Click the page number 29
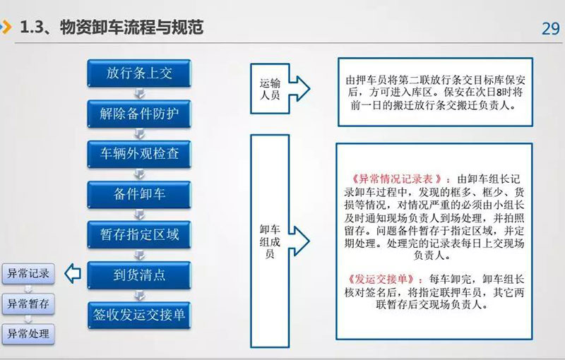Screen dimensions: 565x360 pyautogui.click(x=551, y=29)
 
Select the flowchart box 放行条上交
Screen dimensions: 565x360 pyautogui.click(x=139, y=73)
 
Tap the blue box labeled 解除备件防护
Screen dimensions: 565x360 pyautogui.click(x=139, y=114)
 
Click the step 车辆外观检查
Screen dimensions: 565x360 pyautogui.click(x=139, y=154)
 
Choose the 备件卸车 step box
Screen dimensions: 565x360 pyautogui.click(x=139, y=194)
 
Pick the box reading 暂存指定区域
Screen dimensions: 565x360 pyautogui.click(x=139, y=235)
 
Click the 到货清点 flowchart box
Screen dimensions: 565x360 pyautogui.click(x=139, y=275)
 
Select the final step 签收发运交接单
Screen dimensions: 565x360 pyautogui.click(x=139, y=316)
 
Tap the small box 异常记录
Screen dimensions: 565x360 pyautogui.click(x=28, y=274)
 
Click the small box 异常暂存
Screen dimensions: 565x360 pyautogui.click(x=28, y=304)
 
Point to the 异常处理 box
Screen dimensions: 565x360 pyautogui.click(x=28, y=334)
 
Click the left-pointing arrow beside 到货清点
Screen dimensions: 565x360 pyautogui.click(x=73, y=274)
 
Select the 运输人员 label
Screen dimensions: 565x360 pyautogui.click(x=270, y=89)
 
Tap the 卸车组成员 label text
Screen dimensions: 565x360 pyautogui.click(x=270, y=241)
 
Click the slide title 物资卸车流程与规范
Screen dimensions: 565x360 pyautogui.click(x=131, y=28)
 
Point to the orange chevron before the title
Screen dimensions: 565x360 pyautogui.click(x=7, y=28)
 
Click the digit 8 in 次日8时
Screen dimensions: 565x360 pyautogui.click(x=499, y=92)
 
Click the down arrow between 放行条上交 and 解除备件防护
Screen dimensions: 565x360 pyautogui.click(x=139, y=94)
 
